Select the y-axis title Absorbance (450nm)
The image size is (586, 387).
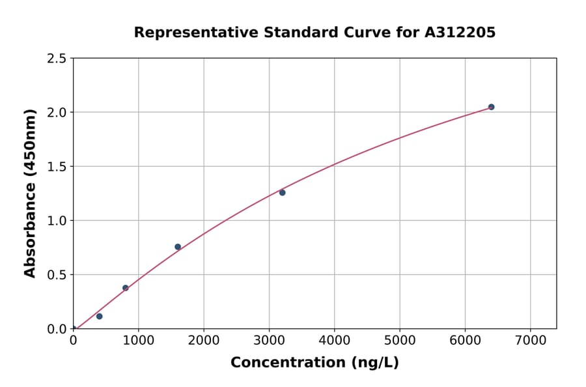tap(30, 193)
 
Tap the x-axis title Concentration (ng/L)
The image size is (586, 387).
tap(314, 363)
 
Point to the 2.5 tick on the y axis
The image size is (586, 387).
tap(57, 59)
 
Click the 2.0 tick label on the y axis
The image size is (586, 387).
tap(57, 113)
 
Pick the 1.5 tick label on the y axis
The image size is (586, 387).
tap(57, 167)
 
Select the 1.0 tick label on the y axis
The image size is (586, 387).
tap(57, 221)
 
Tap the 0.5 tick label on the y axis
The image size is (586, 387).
tap(57, 275)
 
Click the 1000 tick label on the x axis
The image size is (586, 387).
tap(138, 341)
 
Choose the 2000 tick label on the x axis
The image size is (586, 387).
tap(204, 341)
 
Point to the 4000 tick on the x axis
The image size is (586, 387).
tap(335, 341)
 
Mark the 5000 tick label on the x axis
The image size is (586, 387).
tap(400, 341)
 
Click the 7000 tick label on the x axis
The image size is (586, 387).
tap(530, 341)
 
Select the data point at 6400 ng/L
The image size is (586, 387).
tap(491, 107)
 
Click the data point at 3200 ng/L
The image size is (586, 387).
tap(282, 192)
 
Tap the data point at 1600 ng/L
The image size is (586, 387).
tap(178, 247)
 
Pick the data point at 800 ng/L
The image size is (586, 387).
tap(126, 288)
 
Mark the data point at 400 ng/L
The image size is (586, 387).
tap(99, 316)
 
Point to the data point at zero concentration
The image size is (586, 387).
tap(74, 328)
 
